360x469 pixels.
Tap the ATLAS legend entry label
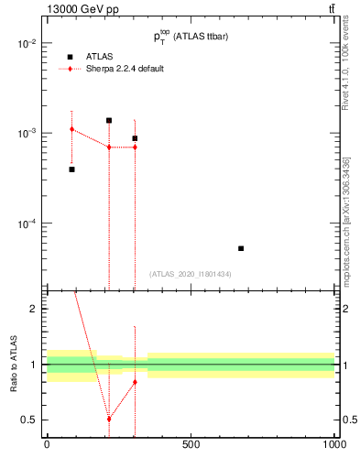click(100, 57)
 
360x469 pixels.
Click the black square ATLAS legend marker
click(70, 57)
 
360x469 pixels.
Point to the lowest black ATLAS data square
click(241, 248)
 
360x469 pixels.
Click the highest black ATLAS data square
click(109, 120)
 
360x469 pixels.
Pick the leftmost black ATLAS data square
click(72, 169)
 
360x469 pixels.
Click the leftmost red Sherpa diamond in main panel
click(72, 129)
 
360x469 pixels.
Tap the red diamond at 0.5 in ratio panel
click(109, 419)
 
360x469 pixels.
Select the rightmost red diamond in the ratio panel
click(135, 382)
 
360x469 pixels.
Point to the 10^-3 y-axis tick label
click(27, 134)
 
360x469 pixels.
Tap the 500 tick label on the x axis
click(191, 445)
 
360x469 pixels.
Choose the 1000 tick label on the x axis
click(333, 445)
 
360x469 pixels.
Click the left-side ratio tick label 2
click(33, 310)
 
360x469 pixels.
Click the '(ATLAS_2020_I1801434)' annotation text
click(190, 274)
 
